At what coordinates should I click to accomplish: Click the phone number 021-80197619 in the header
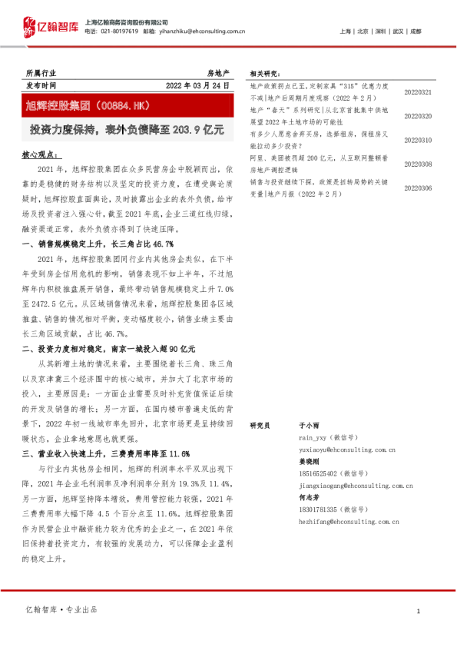[x=119, y=32]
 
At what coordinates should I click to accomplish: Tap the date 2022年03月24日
[x=198, y=85]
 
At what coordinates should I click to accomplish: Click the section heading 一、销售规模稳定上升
[x=97, y=244]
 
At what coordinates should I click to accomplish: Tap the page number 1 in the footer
[x=417, y=611]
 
